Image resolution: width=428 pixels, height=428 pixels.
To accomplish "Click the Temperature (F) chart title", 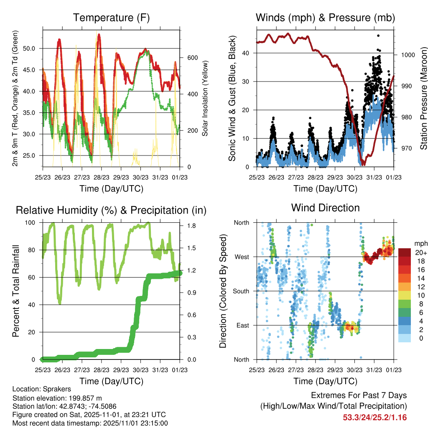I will click(x=111, y=18).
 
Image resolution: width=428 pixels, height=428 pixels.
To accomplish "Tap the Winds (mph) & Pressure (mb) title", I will click(x=325, y=18).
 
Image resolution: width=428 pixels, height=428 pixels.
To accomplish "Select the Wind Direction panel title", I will click(x=325, y=208).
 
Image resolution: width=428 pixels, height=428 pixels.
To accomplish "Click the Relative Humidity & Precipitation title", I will click(x=111, y=210).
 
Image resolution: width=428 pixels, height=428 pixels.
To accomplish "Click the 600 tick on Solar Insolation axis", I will click(x=186, y=58).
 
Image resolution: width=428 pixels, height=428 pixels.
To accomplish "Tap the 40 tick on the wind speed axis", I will click(x=247, y=53).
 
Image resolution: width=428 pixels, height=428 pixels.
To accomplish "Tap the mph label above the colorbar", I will click(x=420, y=243).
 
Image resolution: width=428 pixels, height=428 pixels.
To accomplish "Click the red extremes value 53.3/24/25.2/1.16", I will click(x=375, y=417).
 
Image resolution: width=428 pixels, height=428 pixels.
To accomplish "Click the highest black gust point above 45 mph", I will click(x=378, y=36).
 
